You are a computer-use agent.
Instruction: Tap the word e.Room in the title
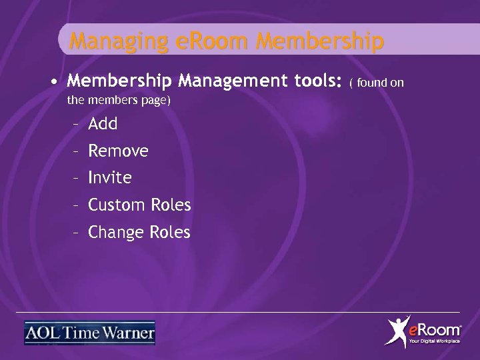click(x=203, y=42)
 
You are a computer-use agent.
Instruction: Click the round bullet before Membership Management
click(x=52, y=83)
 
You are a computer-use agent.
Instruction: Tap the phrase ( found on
click(x=377, y=83)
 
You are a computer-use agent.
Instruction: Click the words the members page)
click(x=119, y=101)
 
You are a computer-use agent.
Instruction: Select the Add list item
click(x=103, y=124)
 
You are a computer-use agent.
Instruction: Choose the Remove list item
click(x=118, y=151)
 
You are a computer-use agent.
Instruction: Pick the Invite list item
click(x=110, y=178)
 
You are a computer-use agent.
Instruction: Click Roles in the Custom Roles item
click(x=171, y=205)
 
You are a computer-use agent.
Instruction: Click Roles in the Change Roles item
click(x=170, y=233)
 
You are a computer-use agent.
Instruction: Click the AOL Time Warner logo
click(x=90, y=333)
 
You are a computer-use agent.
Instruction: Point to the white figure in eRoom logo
click(x=397, y=331)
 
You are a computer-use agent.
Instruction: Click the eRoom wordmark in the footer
click(x=434, y=329)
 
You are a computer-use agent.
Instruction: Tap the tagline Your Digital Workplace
click(x=434, y=341)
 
